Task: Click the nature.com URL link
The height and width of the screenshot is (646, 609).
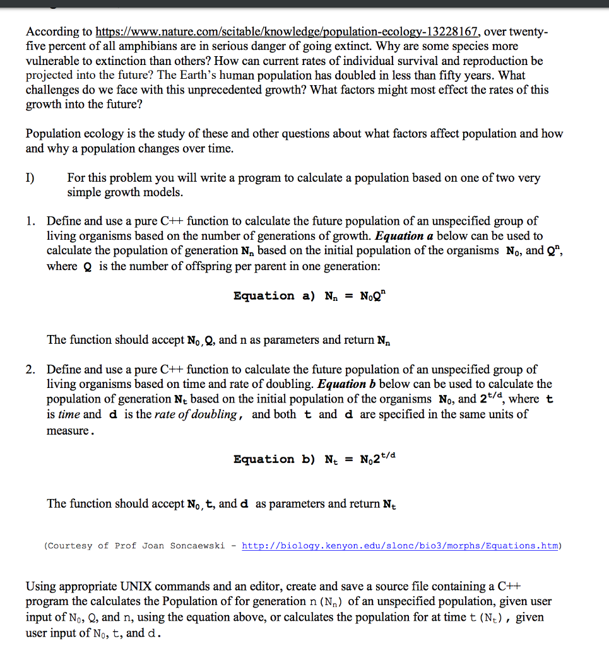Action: pos(288,32)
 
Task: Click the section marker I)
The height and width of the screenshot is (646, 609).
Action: pos(31,178)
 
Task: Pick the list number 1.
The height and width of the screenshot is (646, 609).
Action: pos(30,221)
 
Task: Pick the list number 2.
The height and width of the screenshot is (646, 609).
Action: pos(30,370)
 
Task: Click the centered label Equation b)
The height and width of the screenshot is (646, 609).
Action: pos(274,459)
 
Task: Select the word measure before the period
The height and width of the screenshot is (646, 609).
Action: pos(69,430)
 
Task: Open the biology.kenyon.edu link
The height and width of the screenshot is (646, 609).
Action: pos(400,546)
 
